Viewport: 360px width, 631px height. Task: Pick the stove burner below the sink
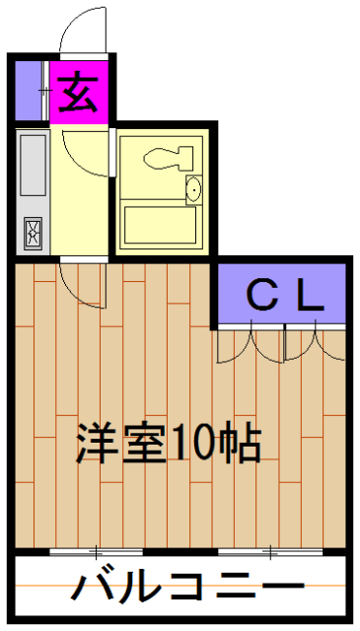[x=33, y=233]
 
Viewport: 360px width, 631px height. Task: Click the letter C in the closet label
[x=260, y=294]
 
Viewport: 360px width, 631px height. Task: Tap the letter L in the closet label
[x=311, y=294]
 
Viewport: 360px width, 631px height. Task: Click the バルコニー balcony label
[x=182, y=589]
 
